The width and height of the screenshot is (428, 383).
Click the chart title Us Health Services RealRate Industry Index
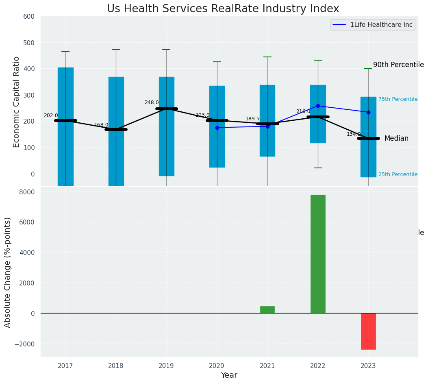point(223,9)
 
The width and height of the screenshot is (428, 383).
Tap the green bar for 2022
point(318,254)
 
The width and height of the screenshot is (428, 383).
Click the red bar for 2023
point(368,331)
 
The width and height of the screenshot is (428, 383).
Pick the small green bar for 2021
point(267,309)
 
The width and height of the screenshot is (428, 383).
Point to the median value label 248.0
point(152,102)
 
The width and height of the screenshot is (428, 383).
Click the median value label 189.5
point(252,119)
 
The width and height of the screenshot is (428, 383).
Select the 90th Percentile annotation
point(398,65)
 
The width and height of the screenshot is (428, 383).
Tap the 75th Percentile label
point(398,99)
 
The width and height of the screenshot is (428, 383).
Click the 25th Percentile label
point(398,174)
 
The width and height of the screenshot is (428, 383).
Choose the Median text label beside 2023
point(396,139)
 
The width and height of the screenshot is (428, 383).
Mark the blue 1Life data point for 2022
point(318,106)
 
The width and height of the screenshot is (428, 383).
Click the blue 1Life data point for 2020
point(217,128)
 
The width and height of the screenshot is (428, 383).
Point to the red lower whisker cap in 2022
point(318,168)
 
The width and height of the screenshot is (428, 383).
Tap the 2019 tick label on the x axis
point(166,366)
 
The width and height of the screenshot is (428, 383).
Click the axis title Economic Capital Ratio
point(17,102)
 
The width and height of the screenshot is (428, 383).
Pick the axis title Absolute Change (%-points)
point(8,272)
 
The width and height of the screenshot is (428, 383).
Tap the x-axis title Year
point(229,375)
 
